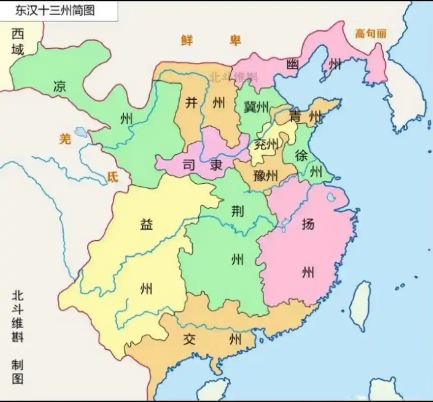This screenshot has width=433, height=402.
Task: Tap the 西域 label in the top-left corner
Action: tap(18, 42)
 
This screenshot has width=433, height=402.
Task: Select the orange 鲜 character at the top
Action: tap(188, 40)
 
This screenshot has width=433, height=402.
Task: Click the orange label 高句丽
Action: tap(371, 34)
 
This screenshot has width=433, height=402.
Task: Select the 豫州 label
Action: tap(266, 176)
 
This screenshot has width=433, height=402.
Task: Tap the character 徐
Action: tap(301, 155)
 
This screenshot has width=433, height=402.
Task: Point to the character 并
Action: tap(191, 103)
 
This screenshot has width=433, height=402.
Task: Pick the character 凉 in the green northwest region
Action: tap(59, 86)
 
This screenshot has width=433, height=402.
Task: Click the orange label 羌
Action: tap(65, 139)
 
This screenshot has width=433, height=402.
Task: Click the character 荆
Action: tap(237, 211)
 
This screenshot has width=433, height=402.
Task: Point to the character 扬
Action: tap(308, 224)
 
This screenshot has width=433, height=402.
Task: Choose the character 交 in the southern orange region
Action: tap(189, 339)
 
